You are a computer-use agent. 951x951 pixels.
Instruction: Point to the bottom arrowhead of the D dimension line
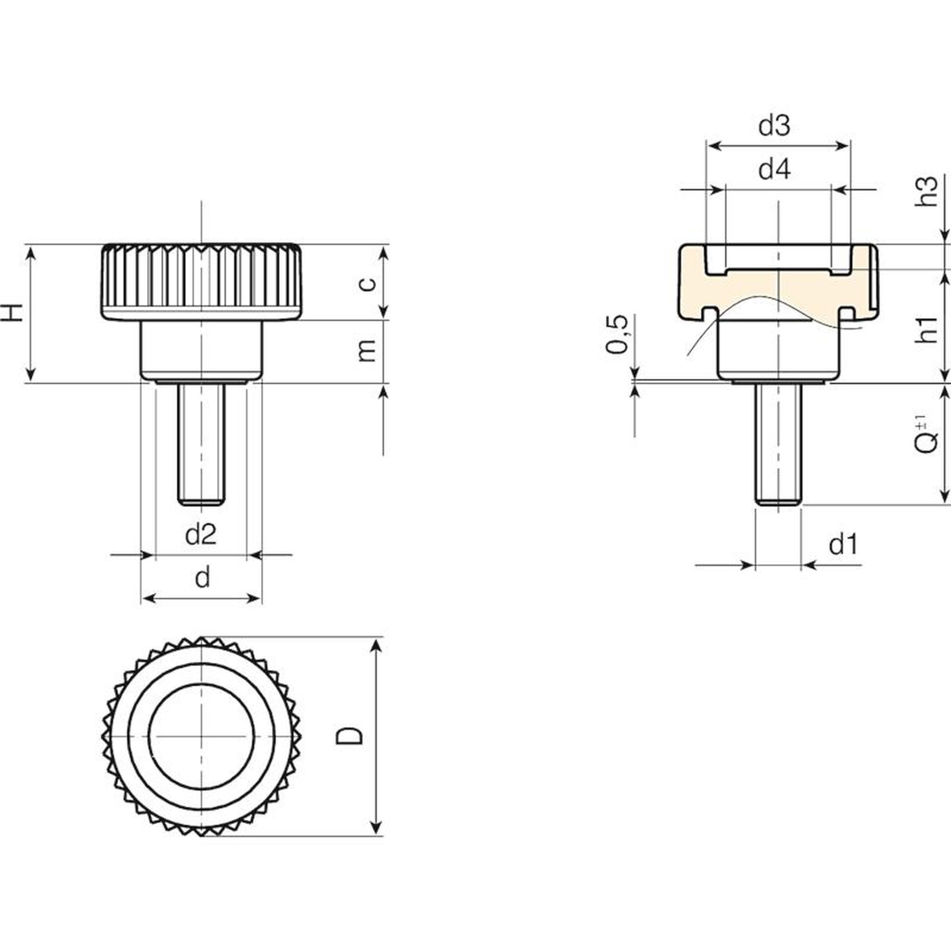click(376, 828)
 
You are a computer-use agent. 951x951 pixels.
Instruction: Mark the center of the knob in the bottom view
click(202, 736)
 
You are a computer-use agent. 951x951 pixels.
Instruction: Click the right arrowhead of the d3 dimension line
click(843, 146)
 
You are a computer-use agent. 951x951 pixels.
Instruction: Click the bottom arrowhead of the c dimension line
click(384, 311)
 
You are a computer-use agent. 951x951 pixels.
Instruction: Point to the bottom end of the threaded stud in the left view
click(201, 505)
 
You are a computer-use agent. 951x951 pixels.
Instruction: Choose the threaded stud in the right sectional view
click(778, 445)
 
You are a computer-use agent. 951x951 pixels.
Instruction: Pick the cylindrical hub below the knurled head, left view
click(201, 351)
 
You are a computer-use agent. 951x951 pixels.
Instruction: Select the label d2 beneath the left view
click(201, 534)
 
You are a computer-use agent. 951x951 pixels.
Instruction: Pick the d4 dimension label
click(775, 170)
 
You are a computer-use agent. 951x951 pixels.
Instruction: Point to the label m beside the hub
click(369, 351)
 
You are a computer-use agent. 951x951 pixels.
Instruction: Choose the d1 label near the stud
click(844, 544)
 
